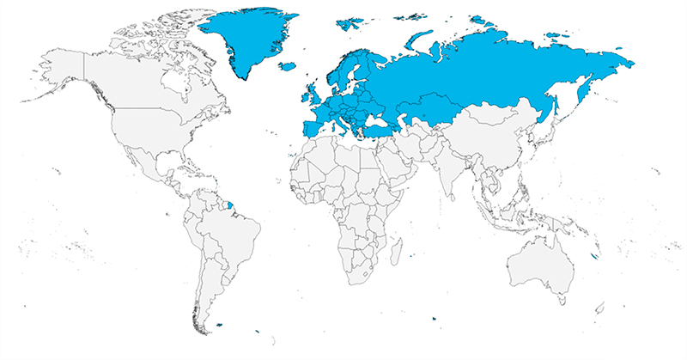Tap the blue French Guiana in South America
pos(229,206)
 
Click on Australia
pos(541,266)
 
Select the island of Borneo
pos(524,211)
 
